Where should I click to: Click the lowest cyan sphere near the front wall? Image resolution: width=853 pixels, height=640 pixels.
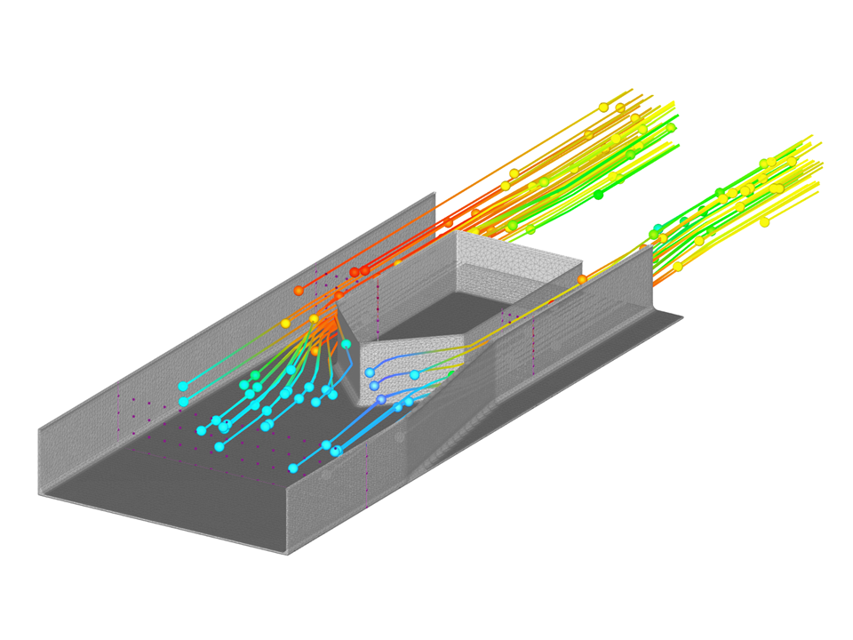(x=293, y=468)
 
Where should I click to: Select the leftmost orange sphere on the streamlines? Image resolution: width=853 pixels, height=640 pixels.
(x=299, y=291)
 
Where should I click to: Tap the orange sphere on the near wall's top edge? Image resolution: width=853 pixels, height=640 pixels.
(x=582, y=279)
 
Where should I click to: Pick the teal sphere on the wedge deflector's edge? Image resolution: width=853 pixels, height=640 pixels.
(x=346, y=344)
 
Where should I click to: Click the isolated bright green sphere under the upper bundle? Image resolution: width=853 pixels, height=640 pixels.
(x=598, y=195)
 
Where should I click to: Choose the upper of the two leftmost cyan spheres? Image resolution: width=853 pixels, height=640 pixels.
(x=183, y=387)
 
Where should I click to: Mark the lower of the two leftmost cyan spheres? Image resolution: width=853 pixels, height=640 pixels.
(x=183, y=402)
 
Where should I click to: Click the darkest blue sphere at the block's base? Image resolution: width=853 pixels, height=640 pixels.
(x=381, y=400)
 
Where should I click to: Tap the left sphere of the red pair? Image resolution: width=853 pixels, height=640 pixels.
(x=355, y=272)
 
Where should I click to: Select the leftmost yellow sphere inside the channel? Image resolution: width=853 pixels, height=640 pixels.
(x=285, y=324)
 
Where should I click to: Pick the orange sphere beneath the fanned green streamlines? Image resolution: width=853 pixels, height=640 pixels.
(x=315, y=351)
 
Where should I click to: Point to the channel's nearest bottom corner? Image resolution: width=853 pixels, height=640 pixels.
(x=287, y=554)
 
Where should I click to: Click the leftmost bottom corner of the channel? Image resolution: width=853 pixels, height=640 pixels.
(x=39, y=493)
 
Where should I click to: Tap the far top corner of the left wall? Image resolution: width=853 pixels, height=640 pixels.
(x=434, y=193)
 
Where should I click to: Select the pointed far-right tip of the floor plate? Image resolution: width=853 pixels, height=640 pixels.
(x=682, y=316)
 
